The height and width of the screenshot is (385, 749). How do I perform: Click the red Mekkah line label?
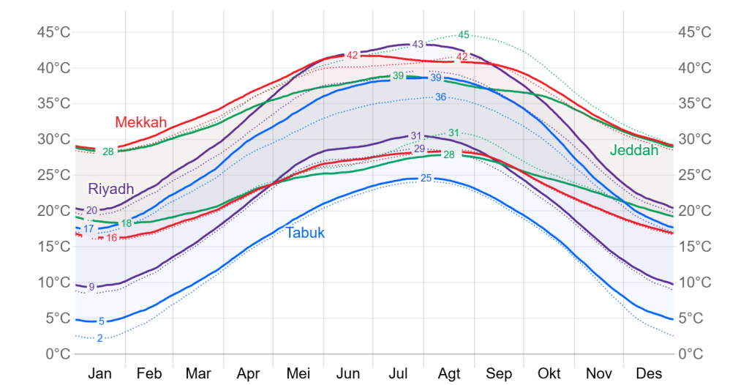141,122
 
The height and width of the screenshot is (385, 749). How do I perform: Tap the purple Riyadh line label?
111,189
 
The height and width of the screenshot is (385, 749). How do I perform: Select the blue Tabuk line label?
305,233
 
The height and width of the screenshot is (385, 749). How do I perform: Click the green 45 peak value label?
464,35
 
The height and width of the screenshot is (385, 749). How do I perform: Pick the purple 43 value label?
418,45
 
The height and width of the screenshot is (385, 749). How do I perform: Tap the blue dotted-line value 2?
100,338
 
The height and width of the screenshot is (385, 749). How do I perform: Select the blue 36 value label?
440,97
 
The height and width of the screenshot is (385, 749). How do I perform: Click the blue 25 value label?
426,179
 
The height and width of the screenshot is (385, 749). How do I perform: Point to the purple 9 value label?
91,287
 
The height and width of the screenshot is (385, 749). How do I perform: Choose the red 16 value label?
111,238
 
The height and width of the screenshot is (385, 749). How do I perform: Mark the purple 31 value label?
416,136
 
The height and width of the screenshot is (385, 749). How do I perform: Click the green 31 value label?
453,133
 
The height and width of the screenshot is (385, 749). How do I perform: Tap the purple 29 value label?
419,149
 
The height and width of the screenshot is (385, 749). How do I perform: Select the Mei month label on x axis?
298,373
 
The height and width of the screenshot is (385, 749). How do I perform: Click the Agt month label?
448,373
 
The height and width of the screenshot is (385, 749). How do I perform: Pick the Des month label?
649,373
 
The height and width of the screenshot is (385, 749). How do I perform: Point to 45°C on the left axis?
54,32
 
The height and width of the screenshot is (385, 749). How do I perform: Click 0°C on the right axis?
690,354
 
